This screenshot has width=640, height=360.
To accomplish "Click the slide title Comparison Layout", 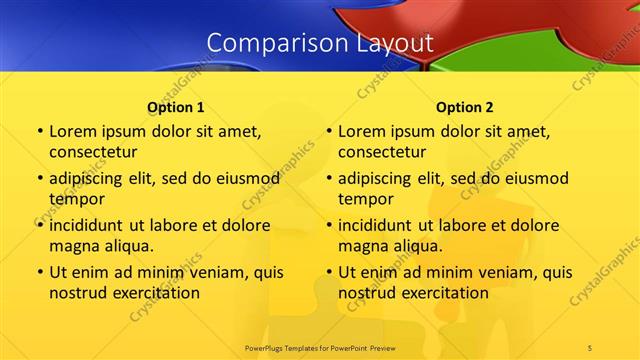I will coord(319,43).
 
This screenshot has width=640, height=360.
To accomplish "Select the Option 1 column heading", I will coord(176,106).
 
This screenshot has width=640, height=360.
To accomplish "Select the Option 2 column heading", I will coord(464,106).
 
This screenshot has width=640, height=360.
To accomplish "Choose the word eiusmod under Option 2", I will coord(531,179).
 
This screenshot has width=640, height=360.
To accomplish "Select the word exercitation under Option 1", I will coord(153,292).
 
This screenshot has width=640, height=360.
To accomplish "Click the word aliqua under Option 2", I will coord(416,245).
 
